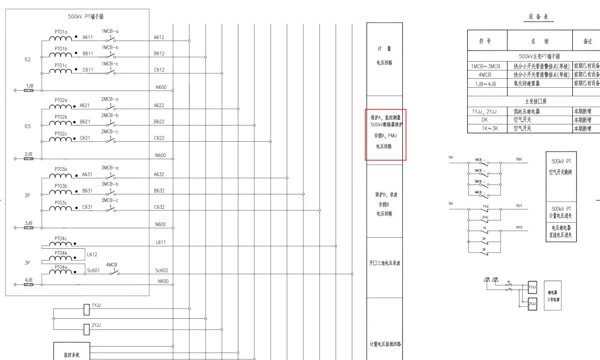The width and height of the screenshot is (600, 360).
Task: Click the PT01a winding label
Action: [61, 32]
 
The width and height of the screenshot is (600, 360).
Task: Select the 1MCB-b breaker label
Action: [109, 47]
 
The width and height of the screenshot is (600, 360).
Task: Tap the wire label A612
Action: [159, 37]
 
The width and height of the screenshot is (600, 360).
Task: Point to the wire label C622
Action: [159, 138]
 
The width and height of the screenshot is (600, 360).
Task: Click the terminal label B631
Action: [88, 191]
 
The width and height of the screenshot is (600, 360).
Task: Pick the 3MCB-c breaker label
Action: [109, 200]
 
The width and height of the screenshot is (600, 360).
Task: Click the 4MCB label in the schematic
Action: [112, 265]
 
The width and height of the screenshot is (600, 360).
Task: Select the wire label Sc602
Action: [162, 271]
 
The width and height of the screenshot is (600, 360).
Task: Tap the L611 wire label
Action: [161, 242]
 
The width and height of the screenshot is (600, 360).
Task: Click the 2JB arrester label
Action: [28, 153]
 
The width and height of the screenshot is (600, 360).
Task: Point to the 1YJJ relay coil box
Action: [87, 309]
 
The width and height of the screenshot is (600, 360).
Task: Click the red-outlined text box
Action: [386, 135]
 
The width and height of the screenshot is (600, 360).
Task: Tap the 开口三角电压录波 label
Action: [384, 263]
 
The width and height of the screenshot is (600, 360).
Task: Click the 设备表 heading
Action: [538, 17]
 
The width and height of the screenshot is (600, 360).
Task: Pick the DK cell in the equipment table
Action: [484, 120]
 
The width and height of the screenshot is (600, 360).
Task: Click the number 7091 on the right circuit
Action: [518, 159]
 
